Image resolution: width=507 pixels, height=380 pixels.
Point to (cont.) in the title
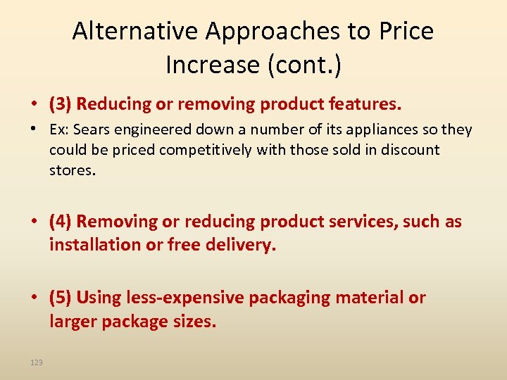coord(304,65)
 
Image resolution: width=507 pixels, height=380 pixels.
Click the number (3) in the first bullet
coord(61,105)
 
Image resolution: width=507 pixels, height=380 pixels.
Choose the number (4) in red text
coord(61,222)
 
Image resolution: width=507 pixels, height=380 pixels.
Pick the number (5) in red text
coord(61,298)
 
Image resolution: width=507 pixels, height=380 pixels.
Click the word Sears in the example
coord(93,130)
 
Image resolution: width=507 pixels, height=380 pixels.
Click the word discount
coord(413,150)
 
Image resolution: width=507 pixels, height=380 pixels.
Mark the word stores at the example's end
coord(70,170)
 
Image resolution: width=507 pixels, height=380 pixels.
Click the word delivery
coord(239,245)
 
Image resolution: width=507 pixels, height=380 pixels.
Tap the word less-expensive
coord(184,298)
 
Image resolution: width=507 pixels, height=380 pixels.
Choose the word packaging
coord(289,298)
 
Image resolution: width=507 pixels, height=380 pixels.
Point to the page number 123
coord(37,362)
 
